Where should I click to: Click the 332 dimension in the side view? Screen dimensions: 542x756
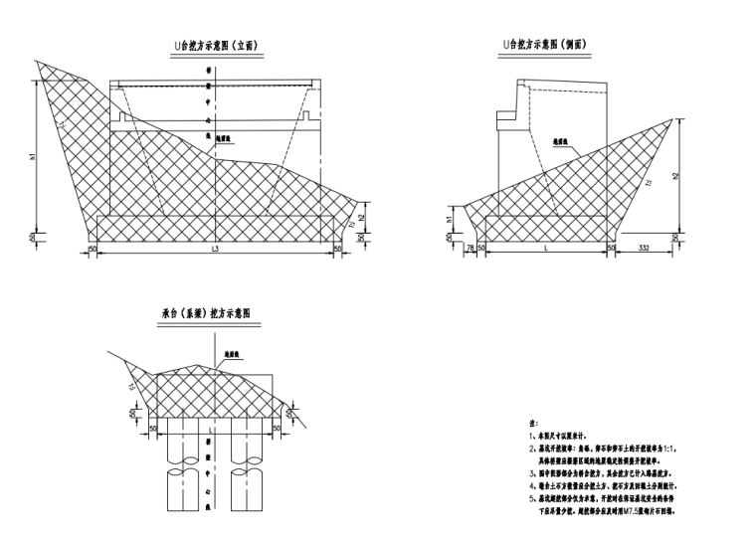pyautogui.click(x=644, y=248)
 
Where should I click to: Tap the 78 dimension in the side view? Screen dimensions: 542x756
pyautogui.click(x=470, y=248)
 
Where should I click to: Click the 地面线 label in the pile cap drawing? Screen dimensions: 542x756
pyautogui.click(x=235, y=353)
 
